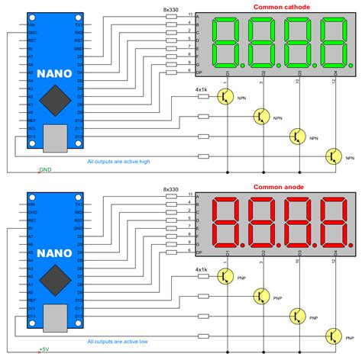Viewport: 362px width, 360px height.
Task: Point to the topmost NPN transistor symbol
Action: (225, 96)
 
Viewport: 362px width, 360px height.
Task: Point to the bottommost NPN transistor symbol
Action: (332, 156)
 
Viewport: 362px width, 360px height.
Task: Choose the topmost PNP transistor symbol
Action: (225, 276)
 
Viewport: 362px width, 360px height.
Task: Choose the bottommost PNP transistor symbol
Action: (332, 336)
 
